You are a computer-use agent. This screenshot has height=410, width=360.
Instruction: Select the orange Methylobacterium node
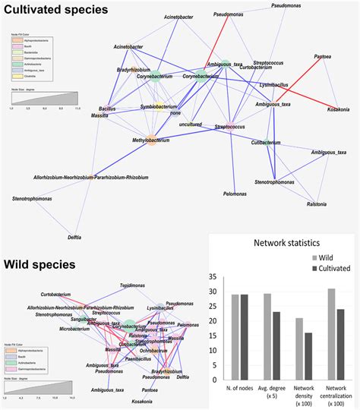[x=132, y=140]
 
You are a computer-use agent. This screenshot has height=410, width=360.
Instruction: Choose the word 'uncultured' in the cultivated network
[x=192, y=124]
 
